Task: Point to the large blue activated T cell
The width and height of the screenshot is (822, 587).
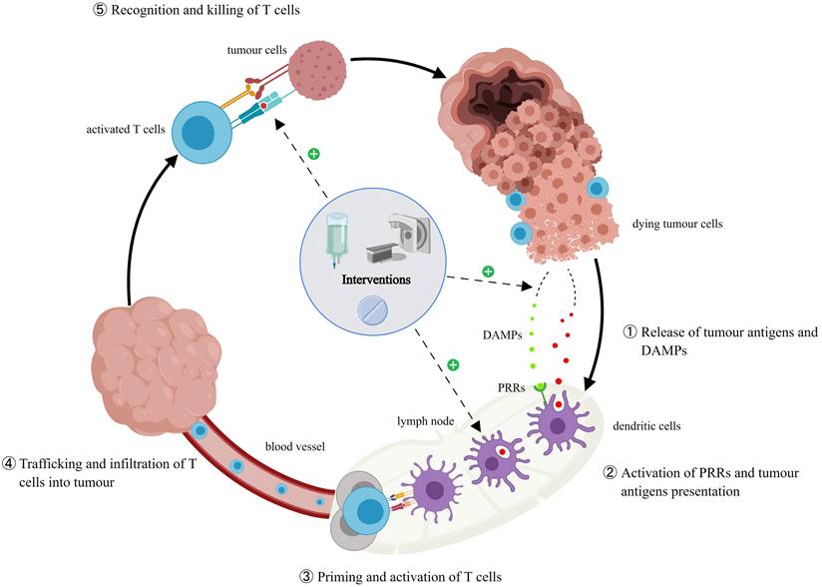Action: click(x=203, y=132)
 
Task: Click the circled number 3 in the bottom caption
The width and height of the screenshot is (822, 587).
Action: click(x=305, y=576)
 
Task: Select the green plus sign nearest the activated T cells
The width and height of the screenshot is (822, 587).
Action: click(x=314, y=155)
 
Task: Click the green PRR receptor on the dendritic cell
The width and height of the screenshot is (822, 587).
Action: click(x=539, y=385)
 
